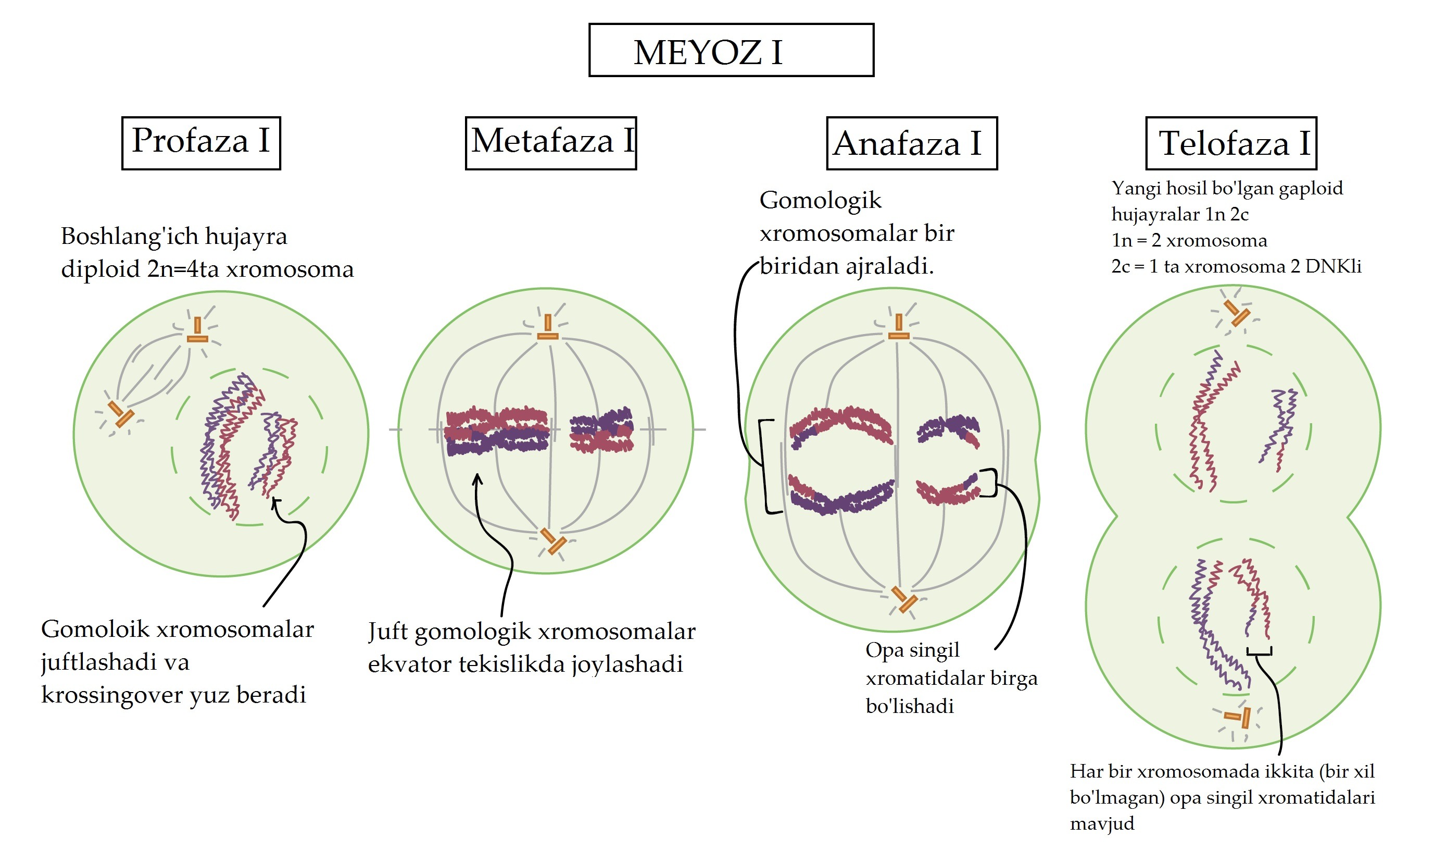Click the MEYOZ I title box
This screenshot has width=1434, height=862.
click(731, 50)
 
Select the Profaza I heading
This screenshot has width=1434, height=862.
click(201, 143)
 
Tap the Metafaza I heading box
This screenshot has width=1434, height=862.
click(550, 143)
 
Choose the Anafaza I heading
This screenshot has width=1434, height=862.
click(911, 143)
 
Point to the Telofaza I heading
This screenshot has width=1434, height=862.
click(1230, 143)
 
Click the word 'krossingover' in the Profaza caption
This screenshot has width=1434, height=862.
click(110, 695)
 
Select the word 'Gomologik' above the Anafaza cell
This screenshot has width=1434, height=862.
click(820, 201)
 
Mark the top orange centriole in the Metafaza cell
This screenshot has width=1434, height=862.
click(547, 328)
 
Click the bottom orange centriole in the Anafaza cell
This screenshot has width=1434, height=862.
click(903, 600)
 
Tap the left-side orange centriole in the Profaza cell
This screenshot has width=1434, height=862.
click(121, 414)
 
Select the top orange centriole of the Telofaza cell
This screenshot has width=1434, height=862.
click(1237, 313)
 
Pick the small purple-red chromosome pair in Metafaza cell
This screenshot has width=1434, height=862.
click(601, 430)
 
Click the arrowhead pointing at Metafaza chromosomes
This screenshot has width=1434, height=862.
click(477, 478)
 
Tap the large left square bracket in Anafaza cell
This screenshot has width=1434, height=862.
click(766, 466)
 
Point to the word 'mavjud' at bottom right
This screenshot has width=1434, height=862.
click(1101, 823)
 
